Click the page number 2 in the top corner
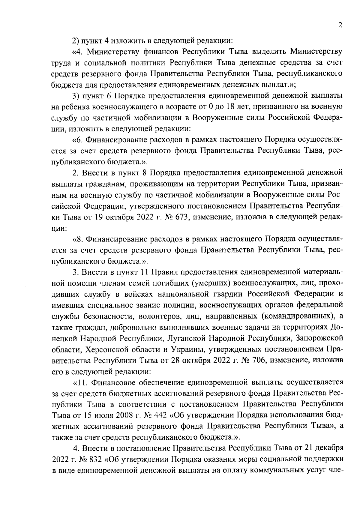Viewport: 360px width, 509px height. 340,25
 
